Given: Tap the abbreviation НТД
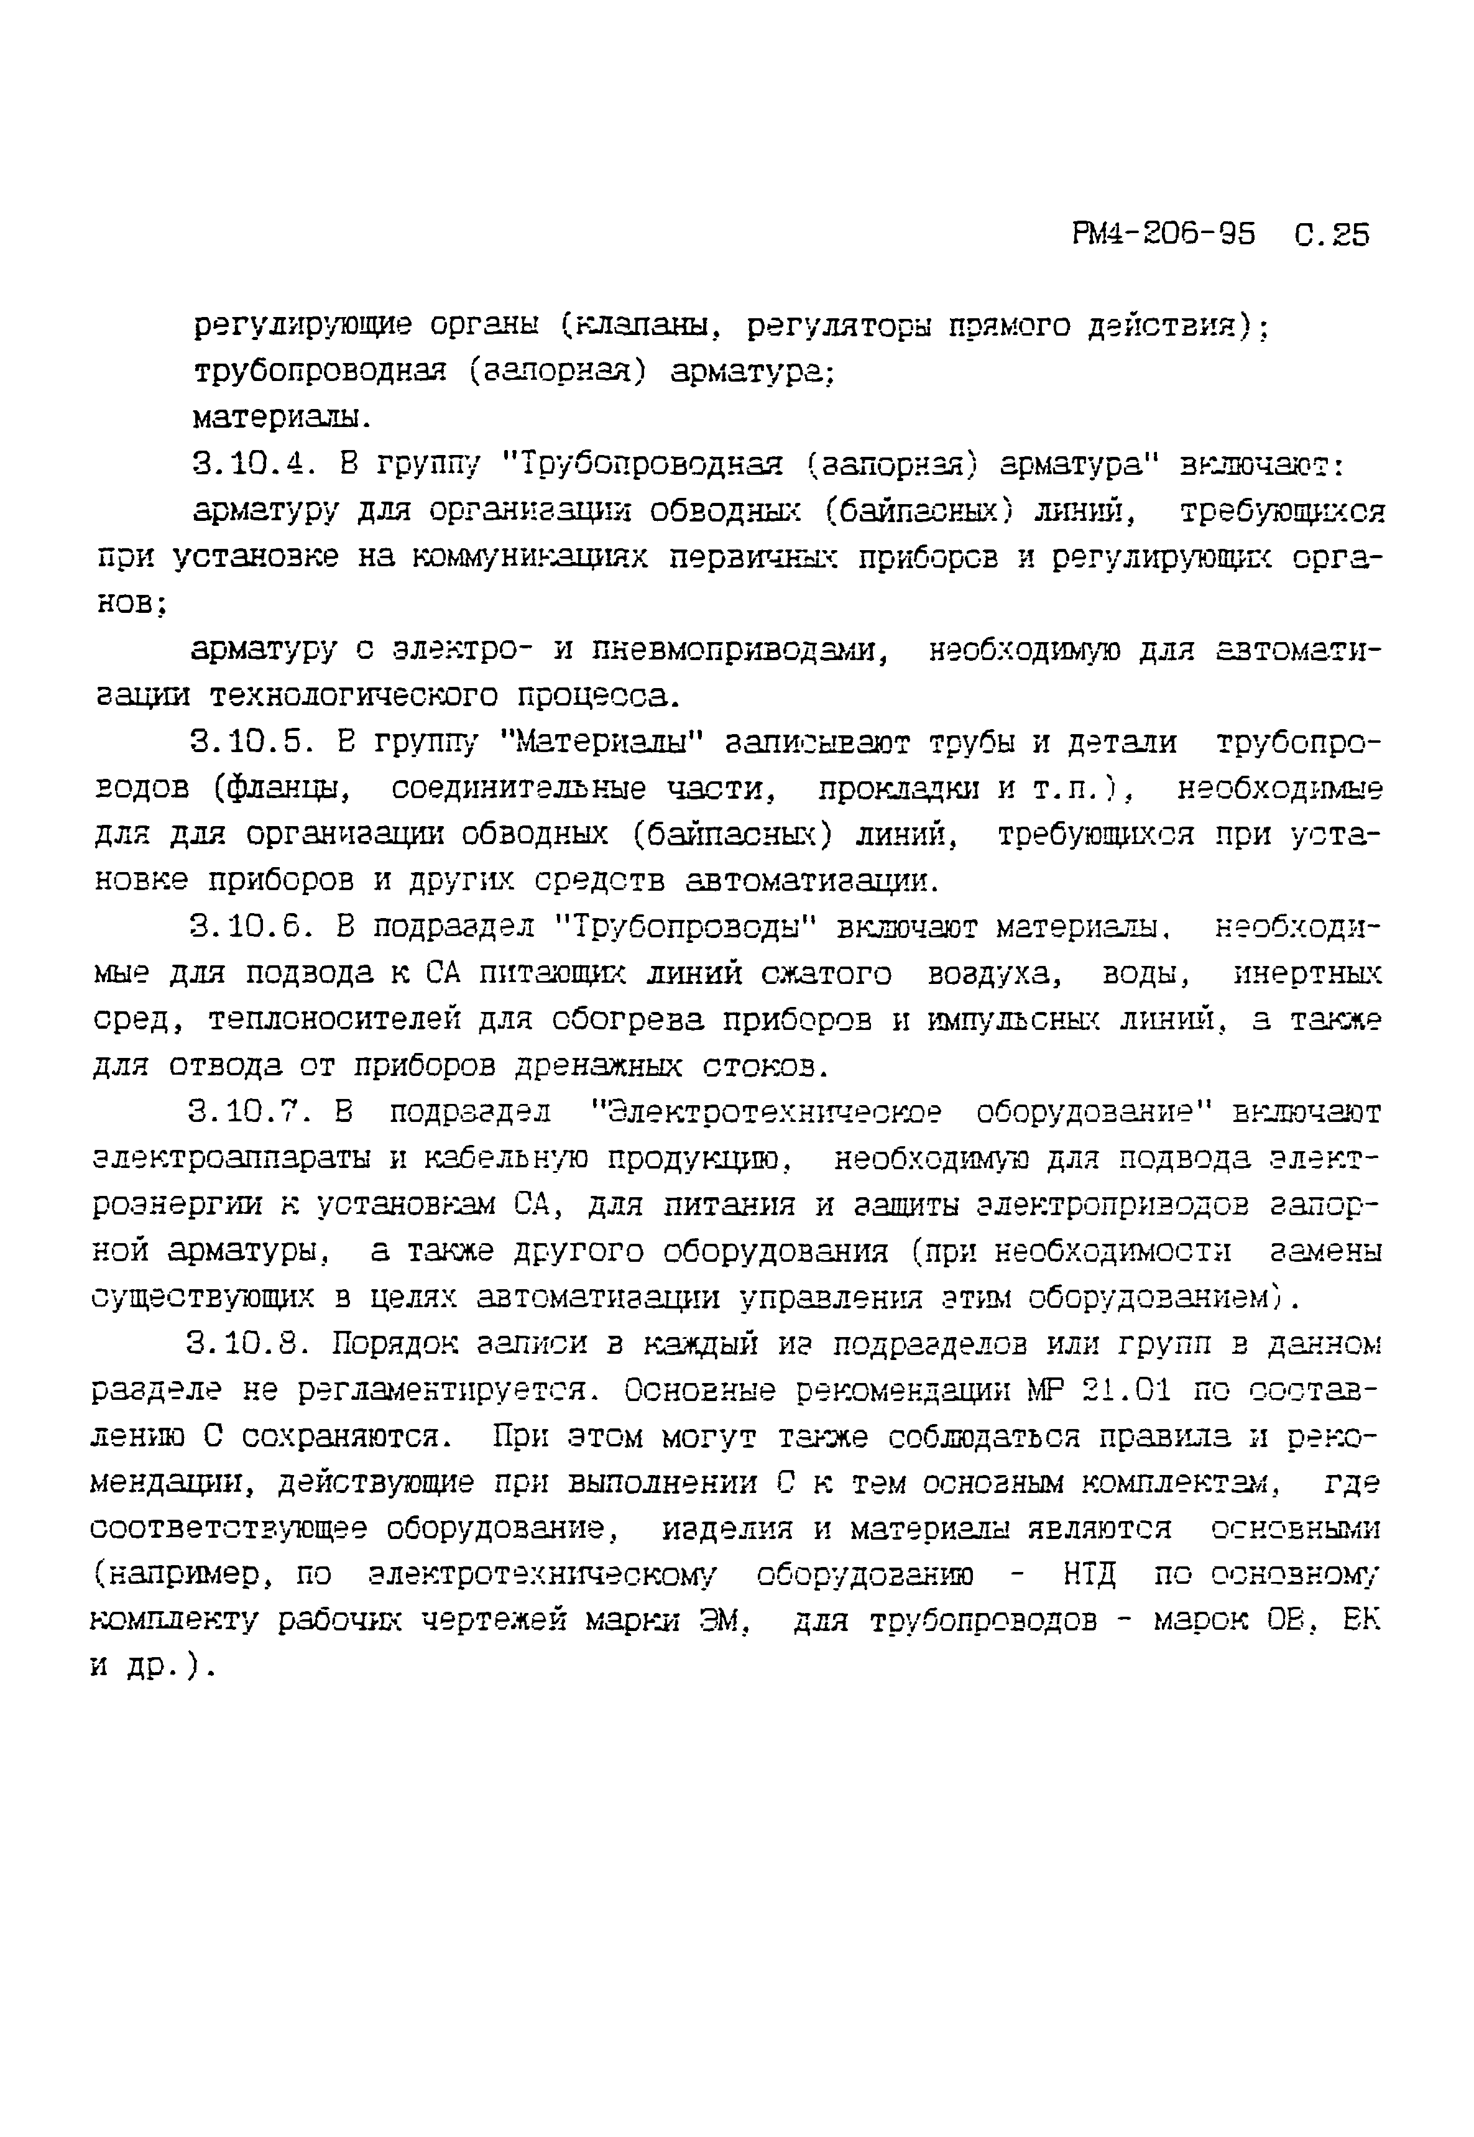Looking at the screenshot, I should [x=1090, y=1574].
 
